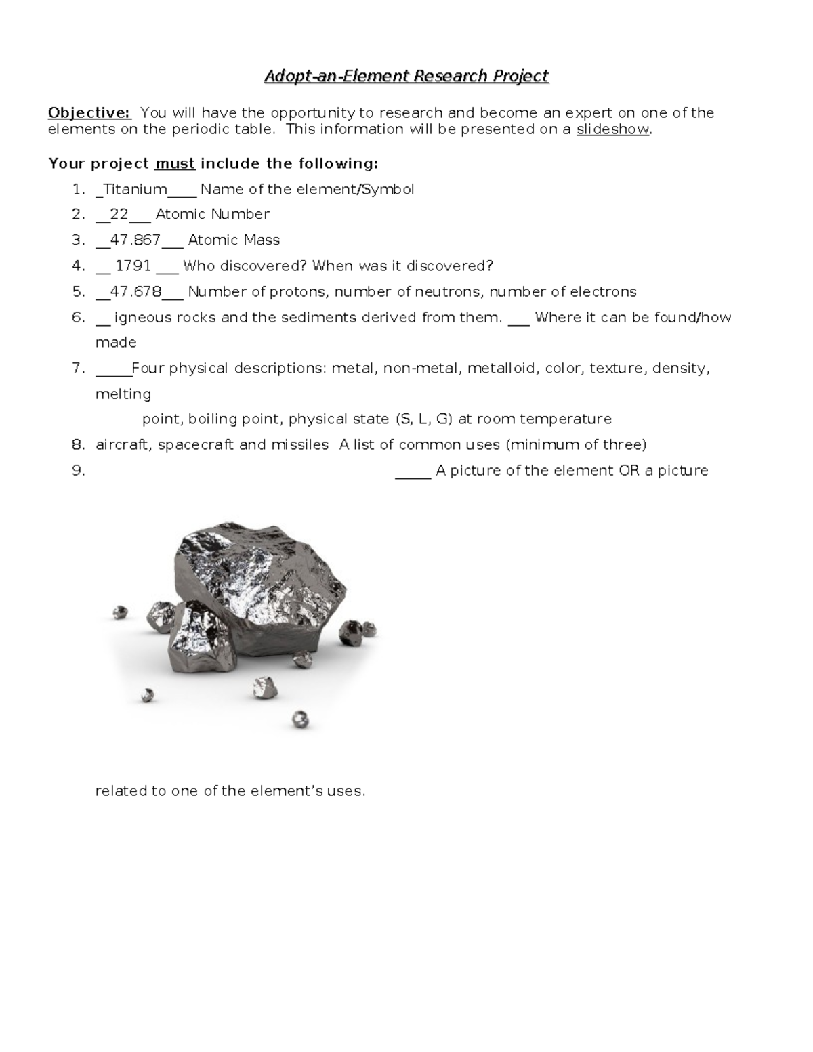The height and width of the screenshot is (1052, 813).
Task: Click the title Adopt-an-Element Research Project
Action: tap(406, 76)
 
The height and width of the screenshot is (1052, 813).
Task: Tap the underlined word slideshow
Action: tap(613, 129)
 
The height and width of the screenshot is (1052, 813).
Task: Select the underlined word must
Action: tap(175, 164)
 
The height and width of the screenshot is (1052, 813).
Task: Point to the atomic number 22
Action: tap(119, 215)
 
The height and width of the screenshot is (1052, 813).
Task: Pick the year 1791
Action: tap(133, 266)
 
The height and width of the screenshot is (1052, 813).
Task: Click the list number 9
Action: tap(78, 471)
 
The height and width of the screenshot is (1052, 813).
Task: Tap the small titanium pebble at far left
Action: tap(120, 613)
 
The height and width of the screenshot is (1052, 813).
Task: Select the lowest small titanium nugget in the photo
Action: tap(300, 719)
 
